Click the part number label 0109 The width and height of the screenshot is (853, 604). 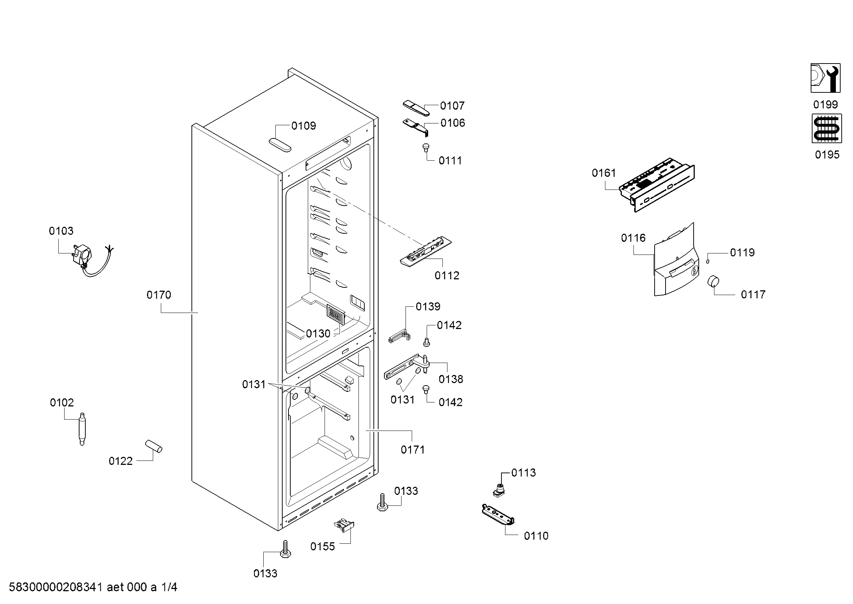point(303,126)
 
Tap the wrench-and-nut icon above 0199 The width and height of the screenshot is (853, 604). point(825,78)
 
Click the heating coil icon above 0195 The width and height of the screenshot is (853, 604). point(827,129)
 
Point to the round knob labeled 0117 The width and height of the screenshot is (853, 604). point(713,281)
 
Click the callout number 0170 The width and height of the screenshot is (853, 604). point(159,295)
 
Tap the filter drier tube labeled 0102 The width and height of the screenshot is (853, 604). point(82,428)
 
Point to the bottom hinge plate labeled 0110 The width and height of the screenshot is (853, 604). point(498,515)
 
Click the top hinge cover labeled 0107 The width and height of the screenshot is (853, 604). point(416,107)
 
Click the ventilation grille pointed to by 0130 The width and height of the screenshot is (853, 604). point(336,314)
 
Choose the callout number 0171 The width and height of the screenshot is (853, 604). point(412,450)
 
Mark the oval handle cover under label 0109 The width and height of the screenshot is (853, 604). point(280,145)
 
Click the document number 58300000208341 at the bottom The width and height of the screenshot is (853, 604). point(55,587)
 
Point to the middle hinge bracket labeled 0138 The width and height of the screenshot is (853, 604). point(407,366)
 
